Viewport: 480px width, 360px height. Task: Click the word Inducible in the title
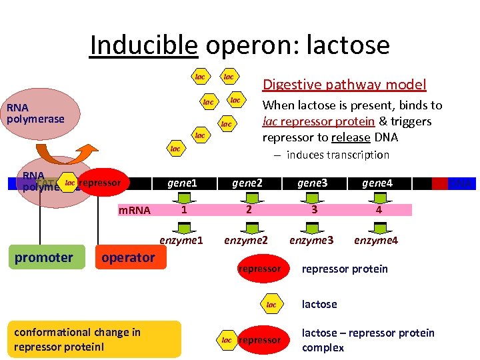[x=143, y=45]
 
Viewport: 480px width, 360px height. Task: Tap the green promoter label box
[x=44, y=257]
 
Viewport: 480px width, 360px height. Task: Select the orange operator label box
[x=128, y=257]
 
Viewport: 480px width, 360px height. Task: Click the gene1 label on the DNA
[x=183, y=183]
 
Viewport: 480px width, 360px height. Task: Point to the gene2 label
[x=247, y=183]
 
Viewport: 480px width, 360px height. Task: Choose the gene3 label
[x=312, y=183]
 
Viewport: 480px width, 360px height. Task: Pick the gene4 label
[x=377, y=183]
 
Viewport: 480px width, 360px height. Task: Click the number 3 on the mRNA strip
[x=313, y=210]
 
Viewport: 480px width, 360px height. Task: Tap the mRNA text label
[x=134, y=211]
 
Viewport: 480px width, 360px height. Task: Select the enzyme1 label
[x=181, y=239]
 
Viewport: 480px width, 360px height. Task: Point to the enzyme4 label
[x=376, y=239]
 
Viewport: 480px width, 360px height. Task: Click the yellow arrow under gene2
[x=248, y=196]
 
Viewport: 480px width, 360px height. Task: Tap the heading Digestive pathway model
[x=344, y=84]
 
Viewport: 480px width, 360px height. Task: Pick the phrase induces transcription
[x=337, y=155]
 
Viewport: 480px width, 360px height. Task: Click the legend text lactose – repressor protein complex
[x=367, y=340]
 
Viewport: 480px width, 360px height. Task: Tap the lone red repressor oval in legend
[x=259, y=269]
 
